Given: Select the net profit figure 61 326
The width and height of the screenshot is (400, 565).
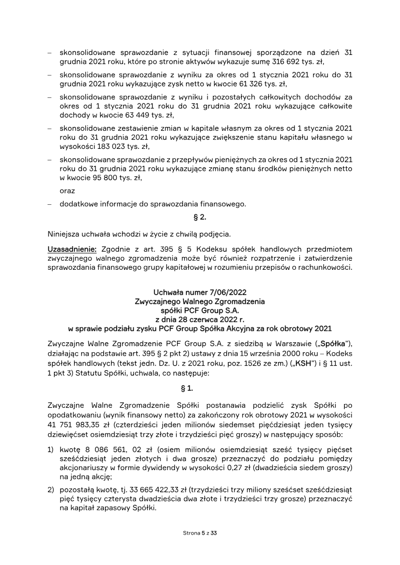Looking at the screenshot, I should (264, 84).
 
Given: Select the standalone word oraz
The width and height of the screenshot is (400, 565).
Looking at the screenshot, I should (67, 191).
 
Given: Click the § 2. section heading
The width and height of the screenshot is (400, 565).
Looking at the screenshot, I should (200, 218).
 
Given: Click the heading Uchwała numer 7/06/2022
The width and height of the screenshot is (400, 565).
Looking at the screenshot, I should (200, 292).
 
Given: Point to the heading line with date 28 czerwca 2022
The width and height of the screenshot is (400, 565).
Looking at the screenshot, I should (200, 319).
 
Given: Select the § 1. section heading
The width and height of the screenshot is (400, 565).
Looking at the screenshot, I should (200, 375).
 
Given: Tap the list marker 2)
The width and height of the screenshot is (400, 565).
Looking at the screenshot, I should (50, 489).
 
